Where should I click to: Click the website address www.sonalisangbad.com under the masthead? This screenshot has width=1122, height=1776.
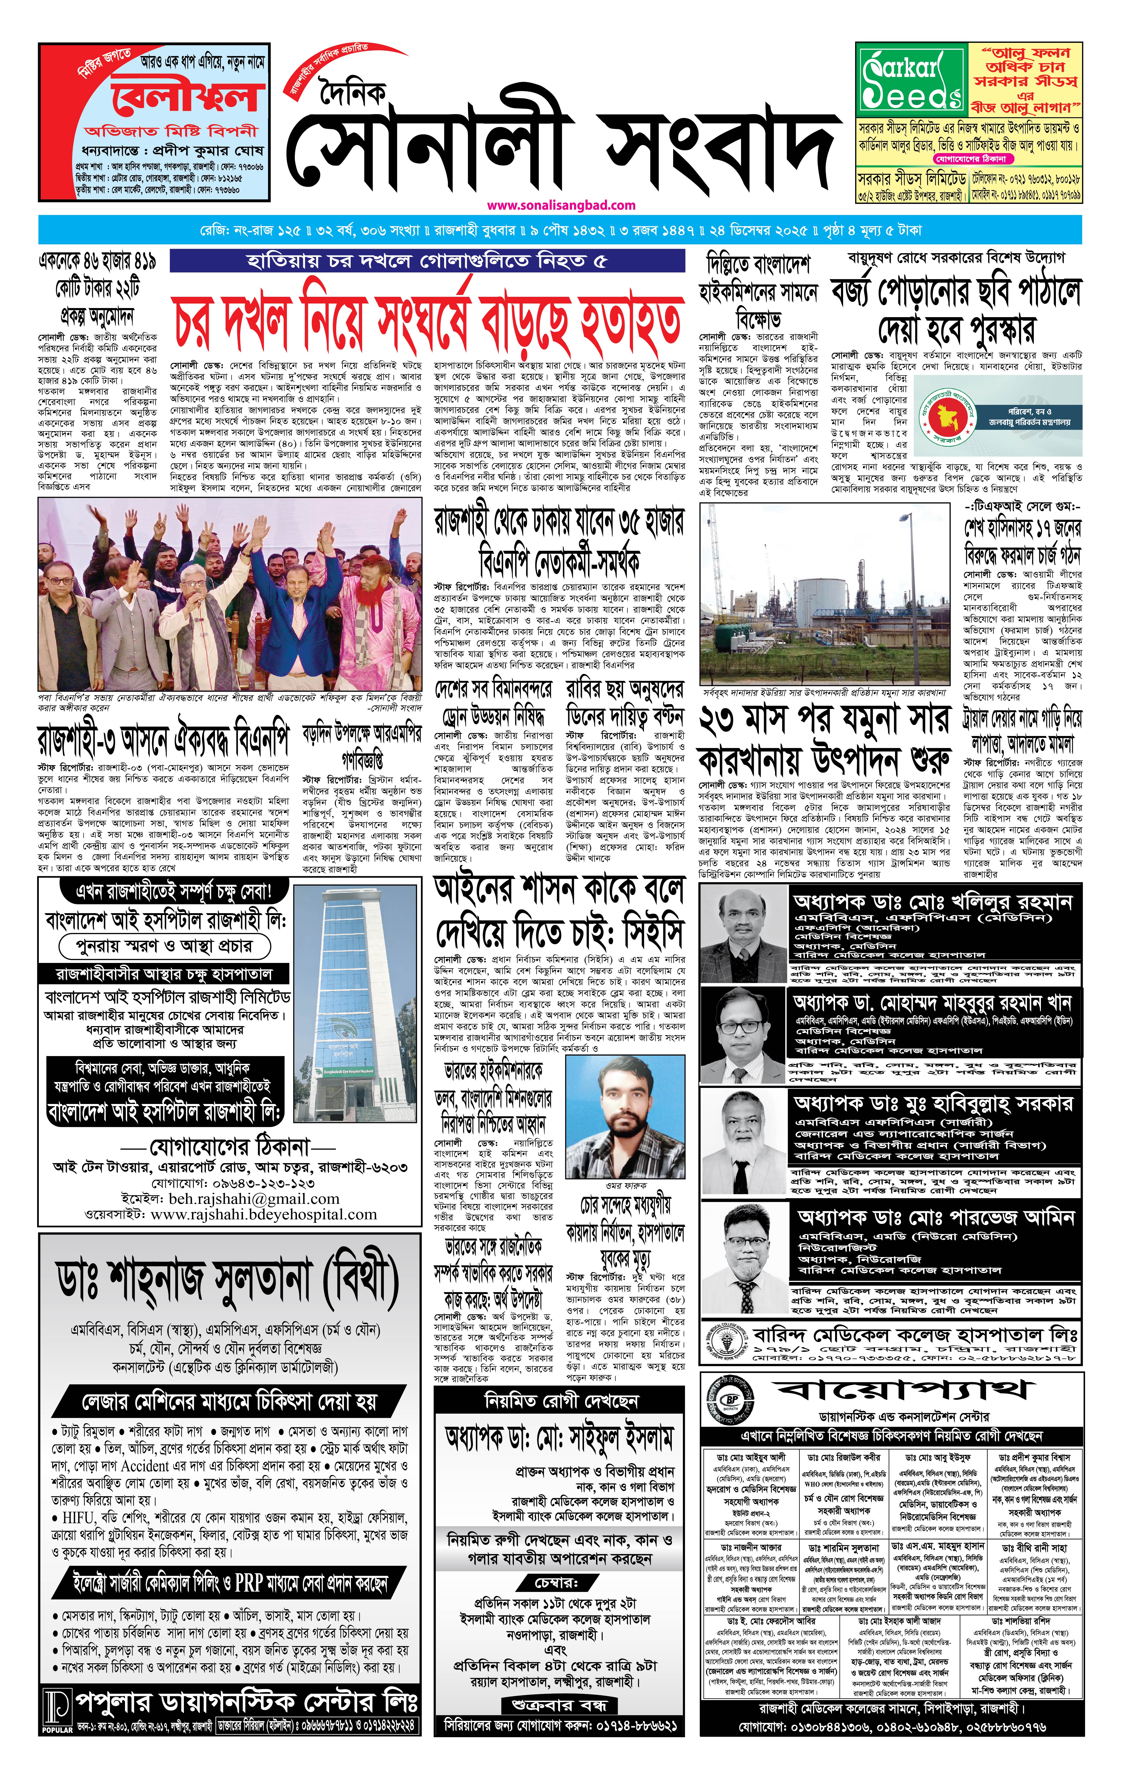click(561, 205)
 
